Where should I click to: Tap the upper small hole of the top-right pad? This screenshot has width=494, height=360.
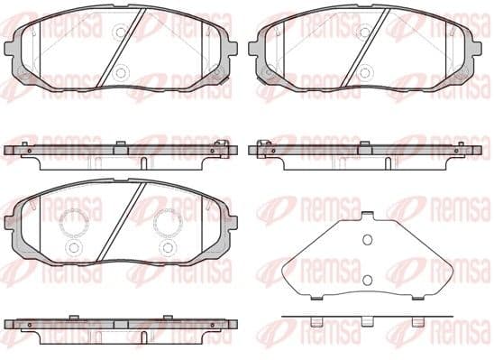click(364, 32)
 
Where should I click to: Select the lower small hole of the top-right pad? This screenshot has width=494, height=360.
click(364, 72)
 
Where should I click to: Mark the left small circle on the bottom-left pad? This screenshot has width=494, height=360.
click(72, 246)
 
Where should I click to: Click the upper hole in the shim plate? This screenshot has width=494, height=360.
click(366, 240)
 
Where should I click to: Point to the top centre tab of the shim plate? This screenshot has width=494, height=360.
click(366, 217)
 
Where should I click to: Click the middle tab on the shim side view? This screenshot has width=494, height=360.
click(366, 322)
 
